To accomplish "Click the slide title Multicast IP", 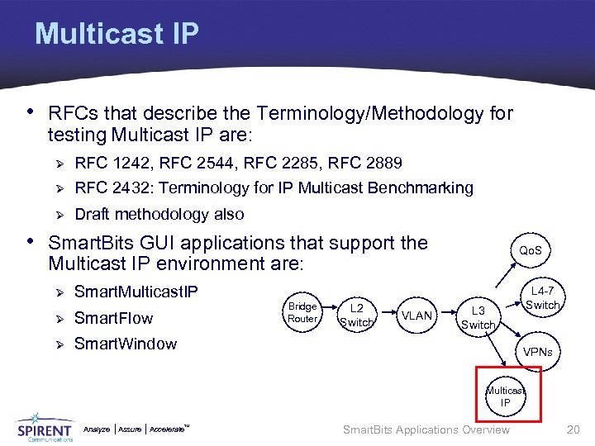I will (117, 34).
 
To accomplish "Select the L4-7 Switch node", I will (542, 298).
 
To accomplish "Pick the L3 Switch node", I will (478, 317).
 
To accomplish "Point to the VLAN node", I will (416, 315).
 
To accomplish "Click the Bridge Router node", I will (302, 312).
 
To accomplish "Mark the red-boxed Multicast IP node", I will (505, 396).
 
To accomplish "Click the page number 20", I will (573, 429).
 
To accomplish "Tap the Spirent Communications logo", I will (45, 427).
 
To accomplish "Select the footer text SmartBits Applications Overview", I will (426, 429).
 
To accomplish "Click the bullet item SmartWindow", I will (125, 344).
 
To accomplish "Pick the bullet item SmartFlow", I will (113, 318).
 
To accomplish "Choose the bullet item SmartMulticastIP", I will (136, 292).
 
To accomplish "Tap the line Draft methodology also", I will (159, 214).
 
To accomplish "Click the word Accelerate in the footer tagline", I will (168, 429).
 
